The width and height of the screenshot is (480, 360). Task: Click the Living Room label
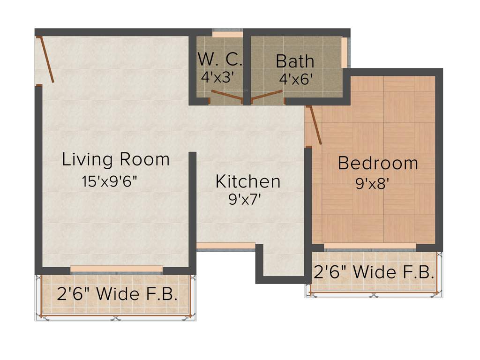[x=115, y=159]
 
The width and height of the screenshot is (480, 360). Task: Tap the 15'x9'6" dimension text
[x=110, y=181]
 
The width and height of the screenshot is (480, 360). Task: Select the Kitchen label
[x=248, y=181]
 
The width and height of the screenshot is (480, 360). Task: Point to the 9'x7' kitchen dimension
[x=244, y=200]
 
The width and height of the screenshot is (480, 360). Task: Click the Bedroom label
[x=378, y=163]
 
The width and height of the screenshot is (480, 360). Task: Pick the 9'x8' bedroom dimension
[x=373, y=183]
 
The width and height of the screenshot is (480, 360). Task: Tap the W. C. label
[x=220, y=60]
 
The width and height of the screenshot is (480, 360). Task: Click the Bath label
[x=295, y=61]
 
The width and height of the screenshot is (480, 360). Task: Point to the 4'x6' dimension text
[x=295, y=79]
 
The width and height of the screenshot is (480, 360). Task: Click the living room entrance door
[x=46, y=60]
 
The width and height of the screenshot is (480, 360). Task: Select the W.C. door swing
[x=226, y=95]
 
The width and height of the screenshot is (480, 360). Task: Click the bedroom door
[x=315, y=125]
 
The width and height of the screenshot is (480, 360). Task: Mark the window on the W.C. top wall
[x=227, y=34]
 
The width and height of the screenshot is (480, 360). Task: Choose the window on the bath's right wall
[x=344, y=52]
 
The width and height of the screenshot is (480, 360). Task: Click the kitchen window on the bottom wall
[x=225, y=246]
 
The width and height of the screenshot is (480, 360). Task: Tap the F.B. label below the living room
[x=117, y=294]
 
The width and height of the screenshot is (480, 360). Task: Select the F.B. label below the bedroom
[x=374, y=272]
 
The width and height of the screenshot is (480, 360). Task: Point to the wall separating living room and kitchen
[x=192, y=211]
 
